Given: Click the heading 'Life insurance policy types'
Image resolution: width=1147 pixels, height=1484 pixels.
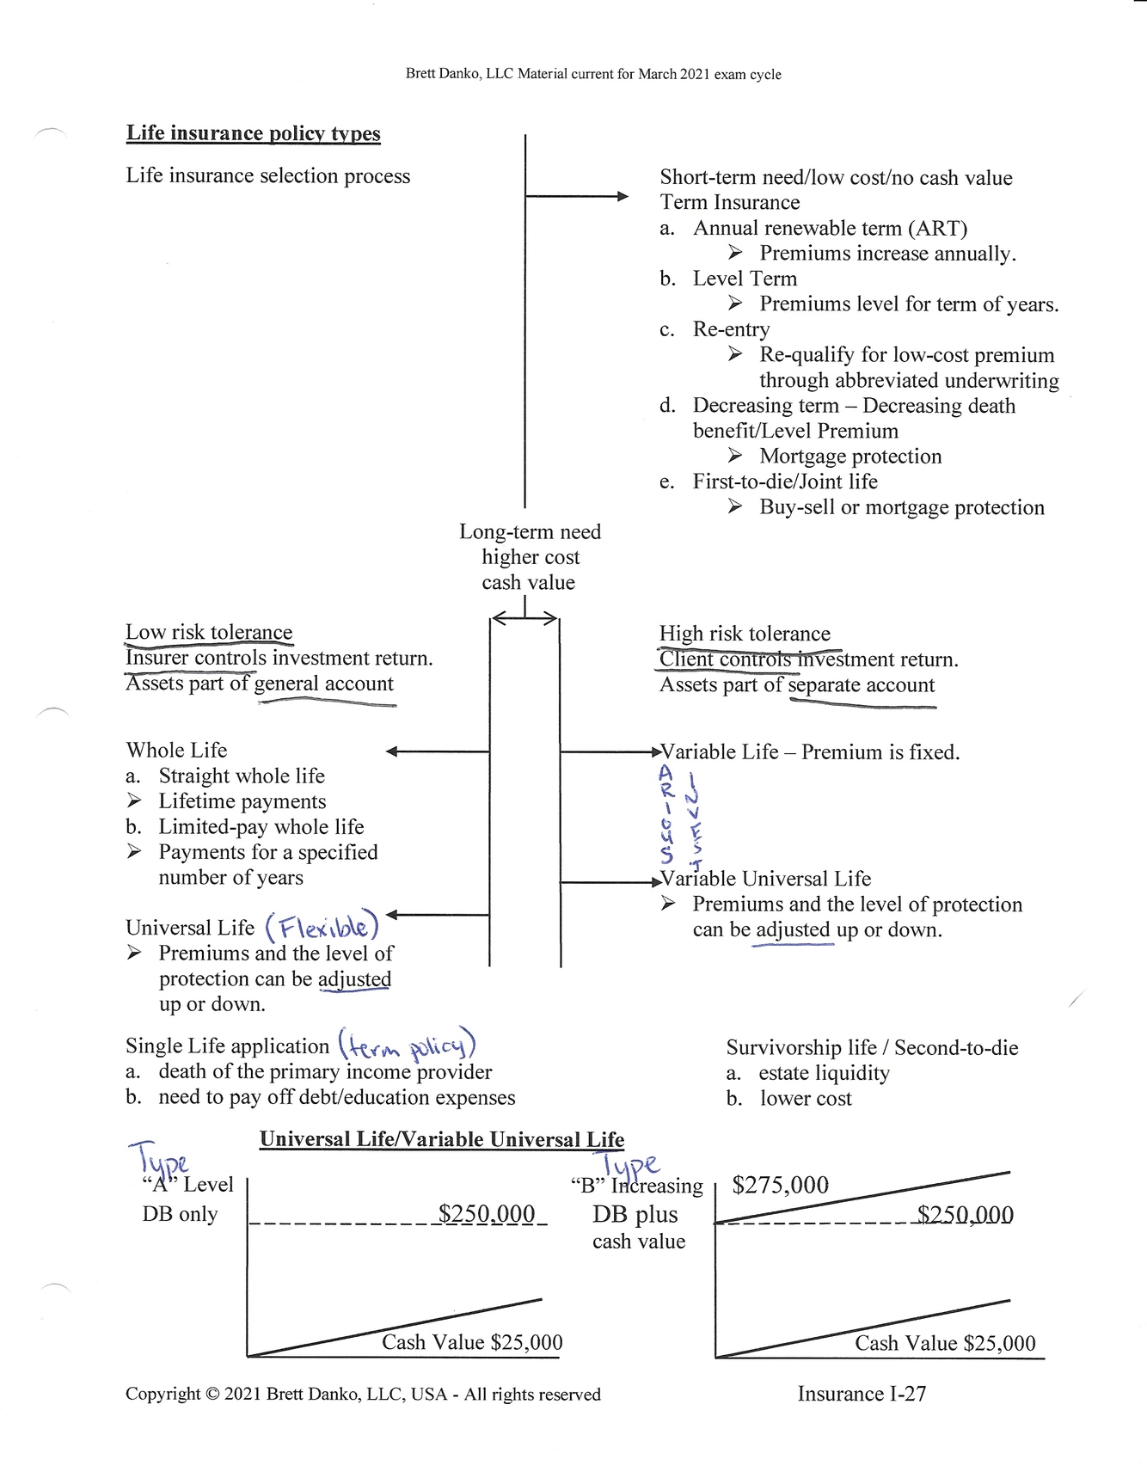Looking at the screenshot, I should [253, 133].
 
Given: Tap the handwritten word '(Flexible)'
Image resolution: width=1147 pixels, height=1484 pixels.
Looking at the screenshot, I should [322, 926].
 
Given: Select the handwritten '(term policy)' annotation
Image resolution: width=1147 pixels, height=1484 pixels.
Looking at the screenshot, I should [407, 1046].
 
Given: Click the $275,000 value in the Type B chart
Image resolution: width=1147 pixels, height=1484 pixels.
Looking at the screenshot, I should [780, 1186].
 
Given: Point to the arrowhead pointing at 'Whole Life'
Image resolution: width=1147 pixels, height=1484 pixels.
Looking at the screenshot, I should [392, 751].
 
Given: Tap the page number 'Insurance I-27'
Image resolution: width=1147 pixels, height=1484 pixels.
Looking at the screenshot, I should [862, 1394].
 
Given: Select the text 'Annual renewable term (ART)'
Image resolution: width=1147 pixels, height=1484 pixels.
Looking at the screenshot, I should [830, 228].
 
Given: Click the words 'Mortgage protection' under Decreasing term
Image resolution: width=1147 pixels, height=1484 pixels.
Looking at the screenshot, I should [850, 457].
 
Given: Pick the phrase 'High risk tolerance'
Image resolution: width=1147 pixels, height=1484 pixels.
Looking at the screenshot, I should [745, 635].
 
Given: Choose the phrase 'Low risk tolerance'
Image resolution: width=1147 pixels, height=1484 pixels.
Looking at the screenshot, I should [209, 633].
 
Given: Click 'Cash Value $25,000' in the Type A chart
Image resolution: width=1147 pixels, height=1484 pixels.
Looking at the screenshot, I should [472, 1342].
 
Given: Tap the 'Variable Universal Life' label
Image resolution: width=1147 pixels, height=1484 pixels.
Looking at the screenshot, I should [765, 879].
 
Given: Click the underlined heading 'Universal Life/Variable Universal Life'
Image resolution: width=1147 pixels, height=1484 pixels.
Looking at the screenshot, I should [442, 1140].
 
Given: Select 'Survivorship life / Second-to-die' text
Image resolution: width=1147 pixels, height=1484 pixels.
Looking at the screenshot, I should [872, 1048].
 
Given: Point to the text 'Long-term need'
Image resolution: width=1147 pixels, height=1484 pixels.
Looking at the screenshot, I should [530, 532].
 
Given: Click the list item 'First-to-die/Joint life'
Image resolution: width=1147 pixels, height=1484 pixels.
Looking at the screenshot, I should [785, 481].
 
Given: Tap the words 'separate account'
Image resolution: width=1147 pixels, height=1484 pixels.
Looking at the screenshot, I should [861, 685].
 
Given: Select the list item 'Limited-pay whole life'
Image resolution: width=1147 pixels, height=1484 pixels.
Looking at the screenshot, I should [261, 827].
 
